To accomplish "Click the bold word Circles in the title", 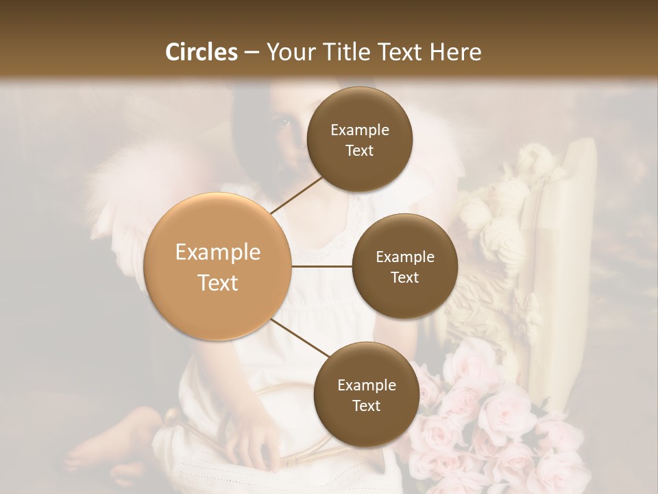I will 201,52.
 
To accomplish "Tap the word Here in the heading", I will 451,52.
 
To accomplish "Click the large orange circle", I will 218,267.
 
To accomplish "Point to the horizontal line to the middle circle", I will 322,266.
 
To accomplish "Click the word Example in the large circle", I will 218,252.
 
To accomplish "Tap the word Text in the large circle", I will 218,283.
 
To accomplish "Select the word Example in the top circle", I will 359,130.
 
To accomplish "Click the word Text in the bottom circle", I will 366,405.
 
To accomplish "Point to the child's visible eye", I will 283,123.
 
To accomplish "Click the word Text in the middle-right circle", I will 404,277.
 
